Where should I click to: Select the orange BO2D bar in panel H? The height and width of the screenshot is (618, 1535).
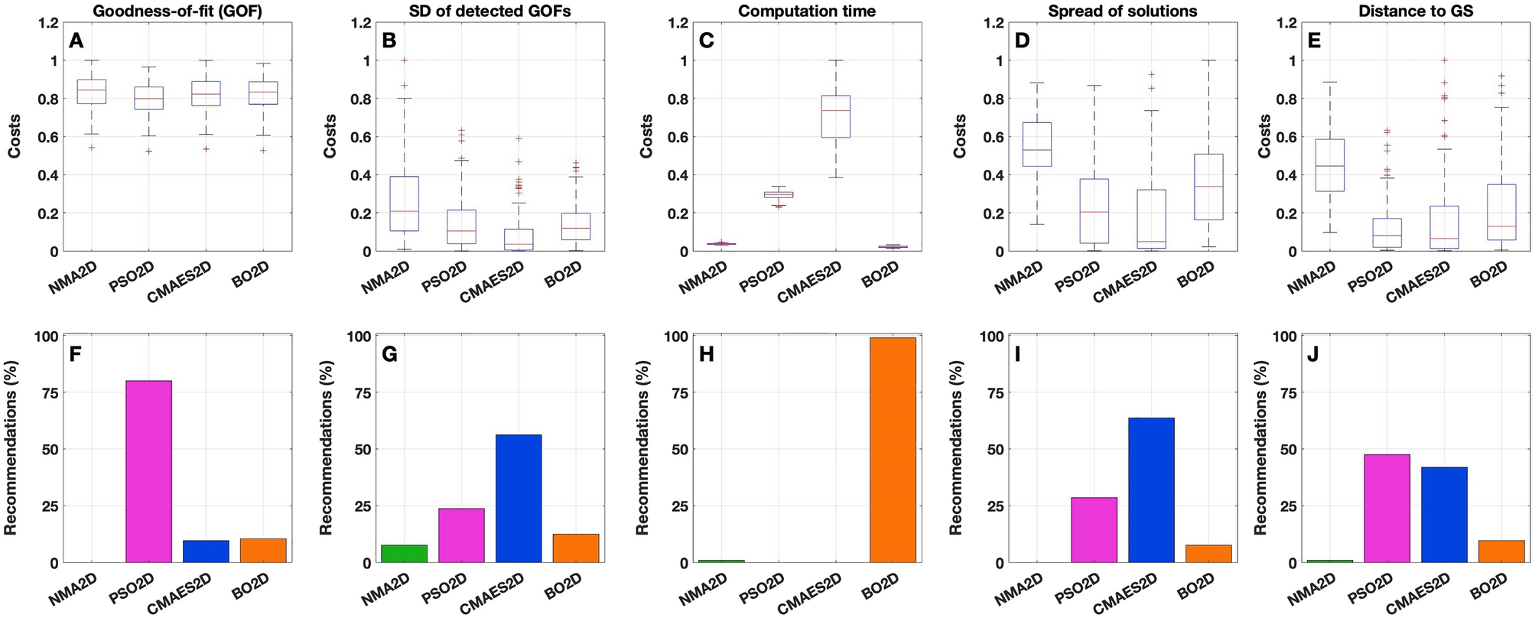pos(893,450)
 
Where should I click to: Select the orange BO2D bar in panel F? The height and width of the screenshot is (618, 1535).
pos(263,551)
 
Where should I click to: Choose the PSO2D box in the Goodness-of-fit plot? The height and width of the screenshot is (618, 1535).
pos(148,98)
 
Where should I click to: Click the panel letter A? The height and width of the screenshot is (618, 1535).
pos(76,41)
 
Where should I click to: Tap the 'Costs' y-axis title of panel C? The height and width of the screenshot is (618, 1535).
pos(646,136)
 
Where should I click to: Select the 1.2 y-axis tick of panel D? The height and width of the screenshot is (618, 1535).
pos(990,23)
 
